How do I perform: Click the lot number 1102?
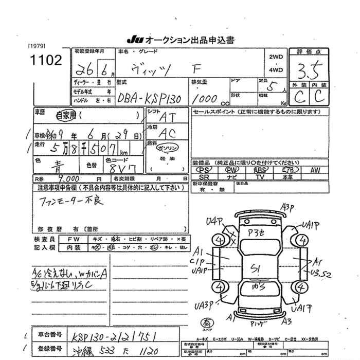(46, 60)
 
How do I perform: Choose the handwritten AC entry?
(167, 133)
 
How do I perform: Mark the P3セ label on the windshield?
(256, 233)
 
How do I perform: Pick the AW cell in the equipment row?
(315, 169)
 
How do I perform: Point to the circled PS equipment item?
(205, 169)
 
